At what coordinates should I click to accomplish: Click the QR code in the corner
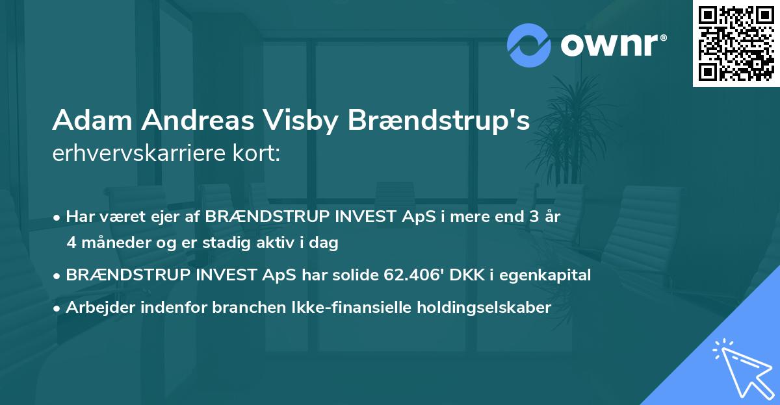736,43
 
